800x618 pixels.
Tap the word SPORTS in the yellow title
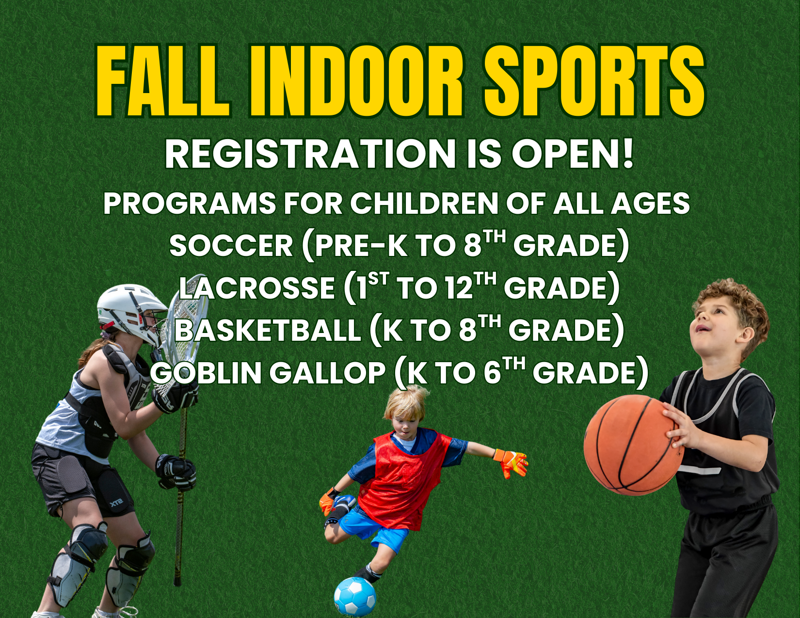(594, 81)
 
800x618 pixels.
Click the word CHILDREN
(424, 203)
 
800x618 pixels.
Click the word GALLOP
(327, 373)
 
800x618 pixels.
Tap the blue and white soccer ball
(355, 598)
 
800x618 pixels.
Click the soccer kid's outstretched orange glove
(511, 463)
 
